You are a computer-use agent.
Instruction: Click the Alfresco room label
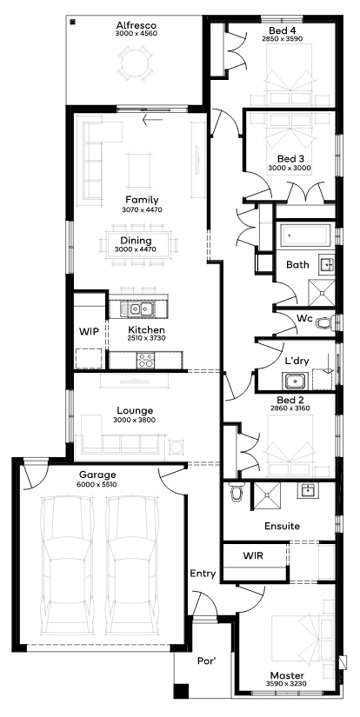(x=137, y=25)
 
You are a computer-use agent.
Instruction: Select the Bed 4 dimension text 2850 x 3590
(x=283, y=39)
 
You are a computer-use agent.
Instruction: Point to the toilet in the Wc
(x=325, y=322)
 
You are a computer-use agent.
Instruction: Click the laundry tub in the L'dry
(x=294, y=380)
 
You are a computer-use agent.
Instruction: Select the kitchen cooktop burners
(x=146, y=361)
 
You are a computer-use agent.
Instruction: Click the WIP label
(x=89, y=332)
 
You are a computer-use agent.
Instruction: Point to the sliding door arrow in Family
(x=153, y=121)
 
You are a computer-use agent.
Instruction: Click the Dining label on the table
(x=136, y=240)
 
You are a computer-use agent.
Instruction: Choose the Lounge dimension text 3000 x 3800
(x=135, y=420)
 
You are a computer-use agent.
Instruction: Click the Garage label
(x=97, y=475)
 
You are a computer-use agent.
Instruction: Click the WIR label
(x=252, y=555)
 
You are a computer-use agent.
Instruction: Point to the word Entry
(x=203, y=574)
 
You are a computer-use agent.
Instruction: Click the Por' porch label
(x=206, y=661)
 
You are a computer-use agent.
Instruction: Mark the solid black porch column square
(x=181, y=690)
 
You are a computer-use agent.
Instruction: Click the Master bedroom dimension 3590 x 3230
(x=286, y=684)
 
